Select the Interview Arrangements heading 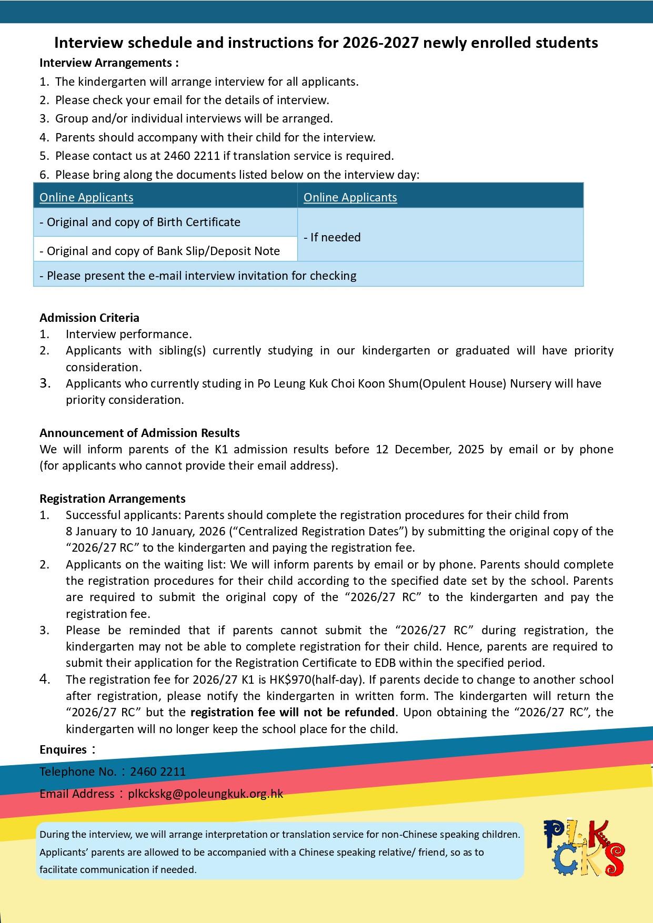109,63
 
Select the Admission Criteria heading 89,318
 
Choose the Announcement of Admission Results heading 139,433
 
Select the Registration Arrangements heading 112,499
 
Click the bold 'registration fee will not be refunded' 292,712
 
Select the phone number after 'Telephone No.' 157,772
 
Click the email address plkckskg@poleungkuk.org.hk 205,794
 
